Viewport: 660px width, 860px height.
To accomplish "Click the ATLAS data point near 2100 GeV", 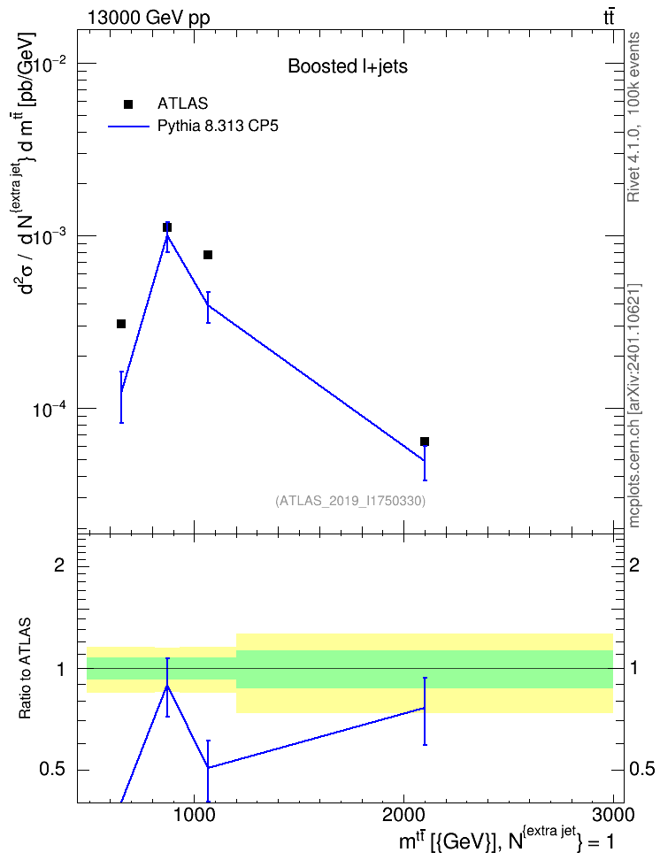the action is (424, 442).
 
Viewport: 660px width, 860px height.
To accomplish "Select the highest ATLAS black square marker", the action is (167, 227).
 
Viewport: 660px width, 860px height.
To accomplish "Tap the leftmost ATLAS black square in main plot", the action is (121, 324).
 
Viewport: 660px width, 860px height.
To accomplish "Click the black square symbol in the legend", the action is (128, 104).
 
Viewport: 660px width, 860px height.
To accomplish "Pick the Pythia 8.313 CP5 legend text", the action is (218, 127).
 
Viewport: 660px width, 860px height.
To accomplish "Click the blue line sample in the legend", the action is (128, 127).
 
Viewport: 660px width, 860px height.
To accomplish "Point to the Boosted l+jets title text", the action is (348, 66).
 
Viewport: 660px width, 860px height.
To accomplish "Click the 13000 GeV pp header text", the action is (149, 18).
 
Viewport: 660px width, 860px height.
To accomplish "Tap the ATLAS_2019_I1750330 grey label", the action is (350, 500).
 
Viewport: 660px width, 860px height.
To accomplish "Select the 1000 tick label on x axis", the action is (193, 815).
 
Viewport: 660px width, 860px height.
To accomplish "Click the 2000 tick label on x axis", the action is (403, 815).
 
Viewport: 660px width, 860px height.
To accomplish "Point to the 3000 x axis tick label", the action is (613, 815).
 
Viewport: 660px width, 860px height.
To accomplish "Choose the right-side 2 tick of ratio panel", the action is (634, 564).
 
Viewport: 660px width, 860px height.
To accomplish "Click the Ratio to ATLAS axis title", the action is (25, 669).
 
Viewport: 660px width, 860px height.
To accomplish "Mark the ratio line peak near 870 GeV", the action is (167, 686).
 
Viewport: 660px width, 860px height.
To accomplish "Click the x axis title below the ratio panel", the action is (506, 840).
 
